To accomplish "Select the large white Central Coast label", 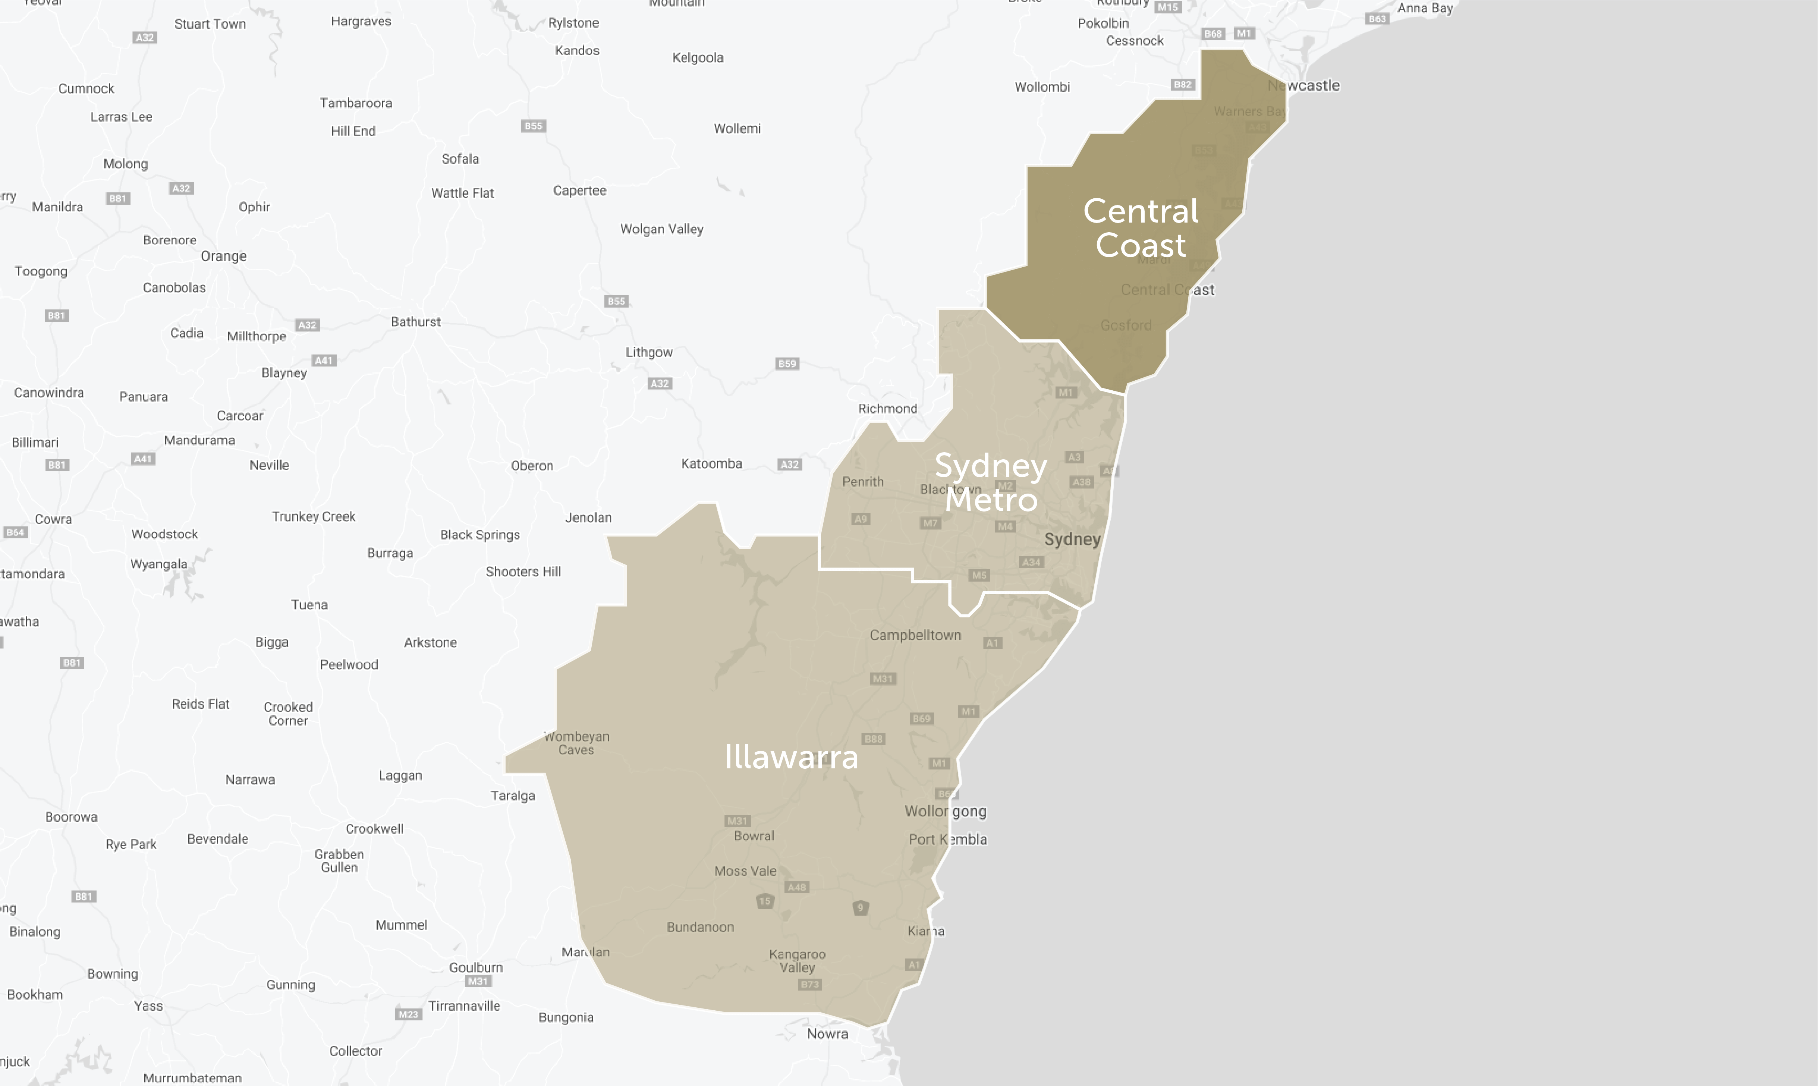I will pyautogui.click(x=1140, y=227).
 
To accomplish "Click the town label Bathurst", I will pyautogui.click(x=416, y=322).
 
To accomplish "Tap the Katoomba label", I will pyautogui.click(x=711, y=463).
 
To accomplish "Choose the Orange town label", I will pyautogui.click(x=223, y=256).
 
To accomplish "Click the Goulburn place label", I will pyautogui.click(x=476, y=967).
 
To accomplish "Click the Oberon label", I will pyautogui.click(x=532, y=465).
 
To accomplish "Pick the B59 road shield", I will pyautogui.click(x=787, y=364).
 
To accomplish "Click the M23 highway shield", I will pyautogui.click(x=408, y=1014).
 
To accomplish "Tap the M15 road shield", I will pyautogui.click(x=1167, y=7).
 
